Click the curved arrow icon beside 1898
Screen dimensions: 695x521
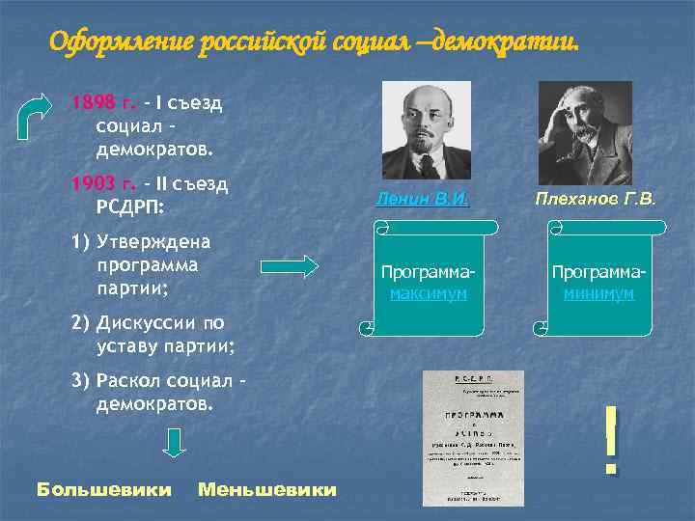point(40,116)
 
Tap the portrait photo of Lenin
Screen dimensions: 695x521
point(426,129)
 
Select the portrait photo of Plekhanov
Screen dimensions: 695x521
point(584,132)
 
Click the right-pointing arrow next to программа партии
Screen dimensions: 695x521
point(290,266)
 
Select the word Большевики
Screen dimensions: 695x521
point(103,490)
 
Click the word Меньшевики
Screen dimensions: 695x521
point(267,490)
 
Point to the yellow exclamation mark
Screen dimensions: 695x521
point(610,438)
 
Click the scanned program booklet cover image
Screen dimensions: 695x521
point(473,438)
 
